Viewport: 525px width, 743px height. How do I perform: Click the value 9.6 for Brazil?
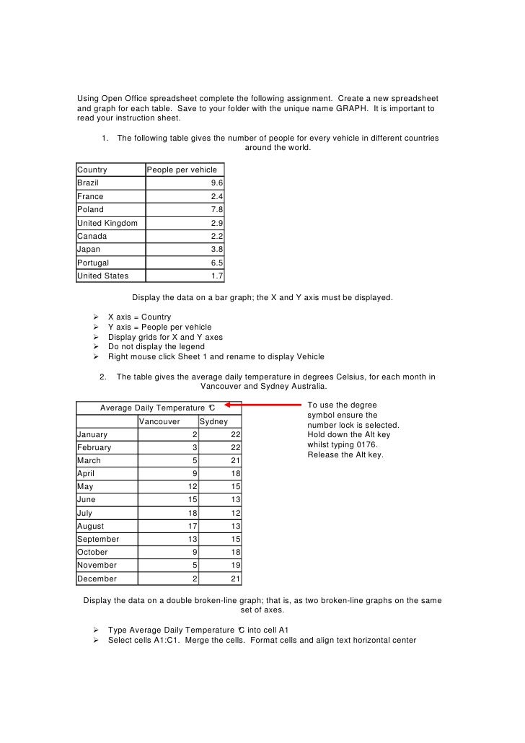click(x=216, y=183)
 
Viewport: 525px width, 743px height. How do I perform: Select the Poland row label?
click(x=90, y=209)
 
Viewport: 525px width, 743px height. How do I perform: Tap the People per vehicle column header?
click(x=182, y=170)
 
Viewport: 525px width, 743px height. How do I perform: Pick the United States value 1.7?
click(x=216, y=276)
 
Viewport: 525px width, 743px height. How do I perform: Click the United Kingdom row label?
click(x=107, y=223)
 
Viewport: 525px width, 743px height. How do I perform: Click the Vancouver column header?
click(x=159, y=421)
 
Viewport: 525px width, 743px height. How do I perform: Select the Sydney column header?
click(x=213, y=421)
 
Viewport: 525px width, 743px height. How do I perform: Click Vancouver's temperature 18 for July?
click(x=193, y=513)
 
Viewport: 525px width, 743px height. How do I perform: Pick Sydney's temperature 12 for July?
click(x=236, y=513)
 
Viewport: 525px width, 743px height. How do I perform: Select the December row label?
click(x=97, y=579)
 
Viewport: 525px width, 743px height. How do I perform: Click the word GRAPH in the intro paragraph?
click(x=333, y=108)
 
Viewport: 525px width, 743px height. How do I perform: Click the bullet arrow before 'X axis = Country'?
click(x=95, y=317)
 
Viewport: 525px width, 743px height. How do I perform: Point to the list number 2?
click(x=104, y=377)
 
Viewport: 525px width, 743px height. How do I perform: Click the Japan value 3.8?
click(x=216, y=249)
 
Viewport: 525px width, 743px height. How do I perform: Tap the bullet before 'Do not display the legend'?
click(x=95, y=347)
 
